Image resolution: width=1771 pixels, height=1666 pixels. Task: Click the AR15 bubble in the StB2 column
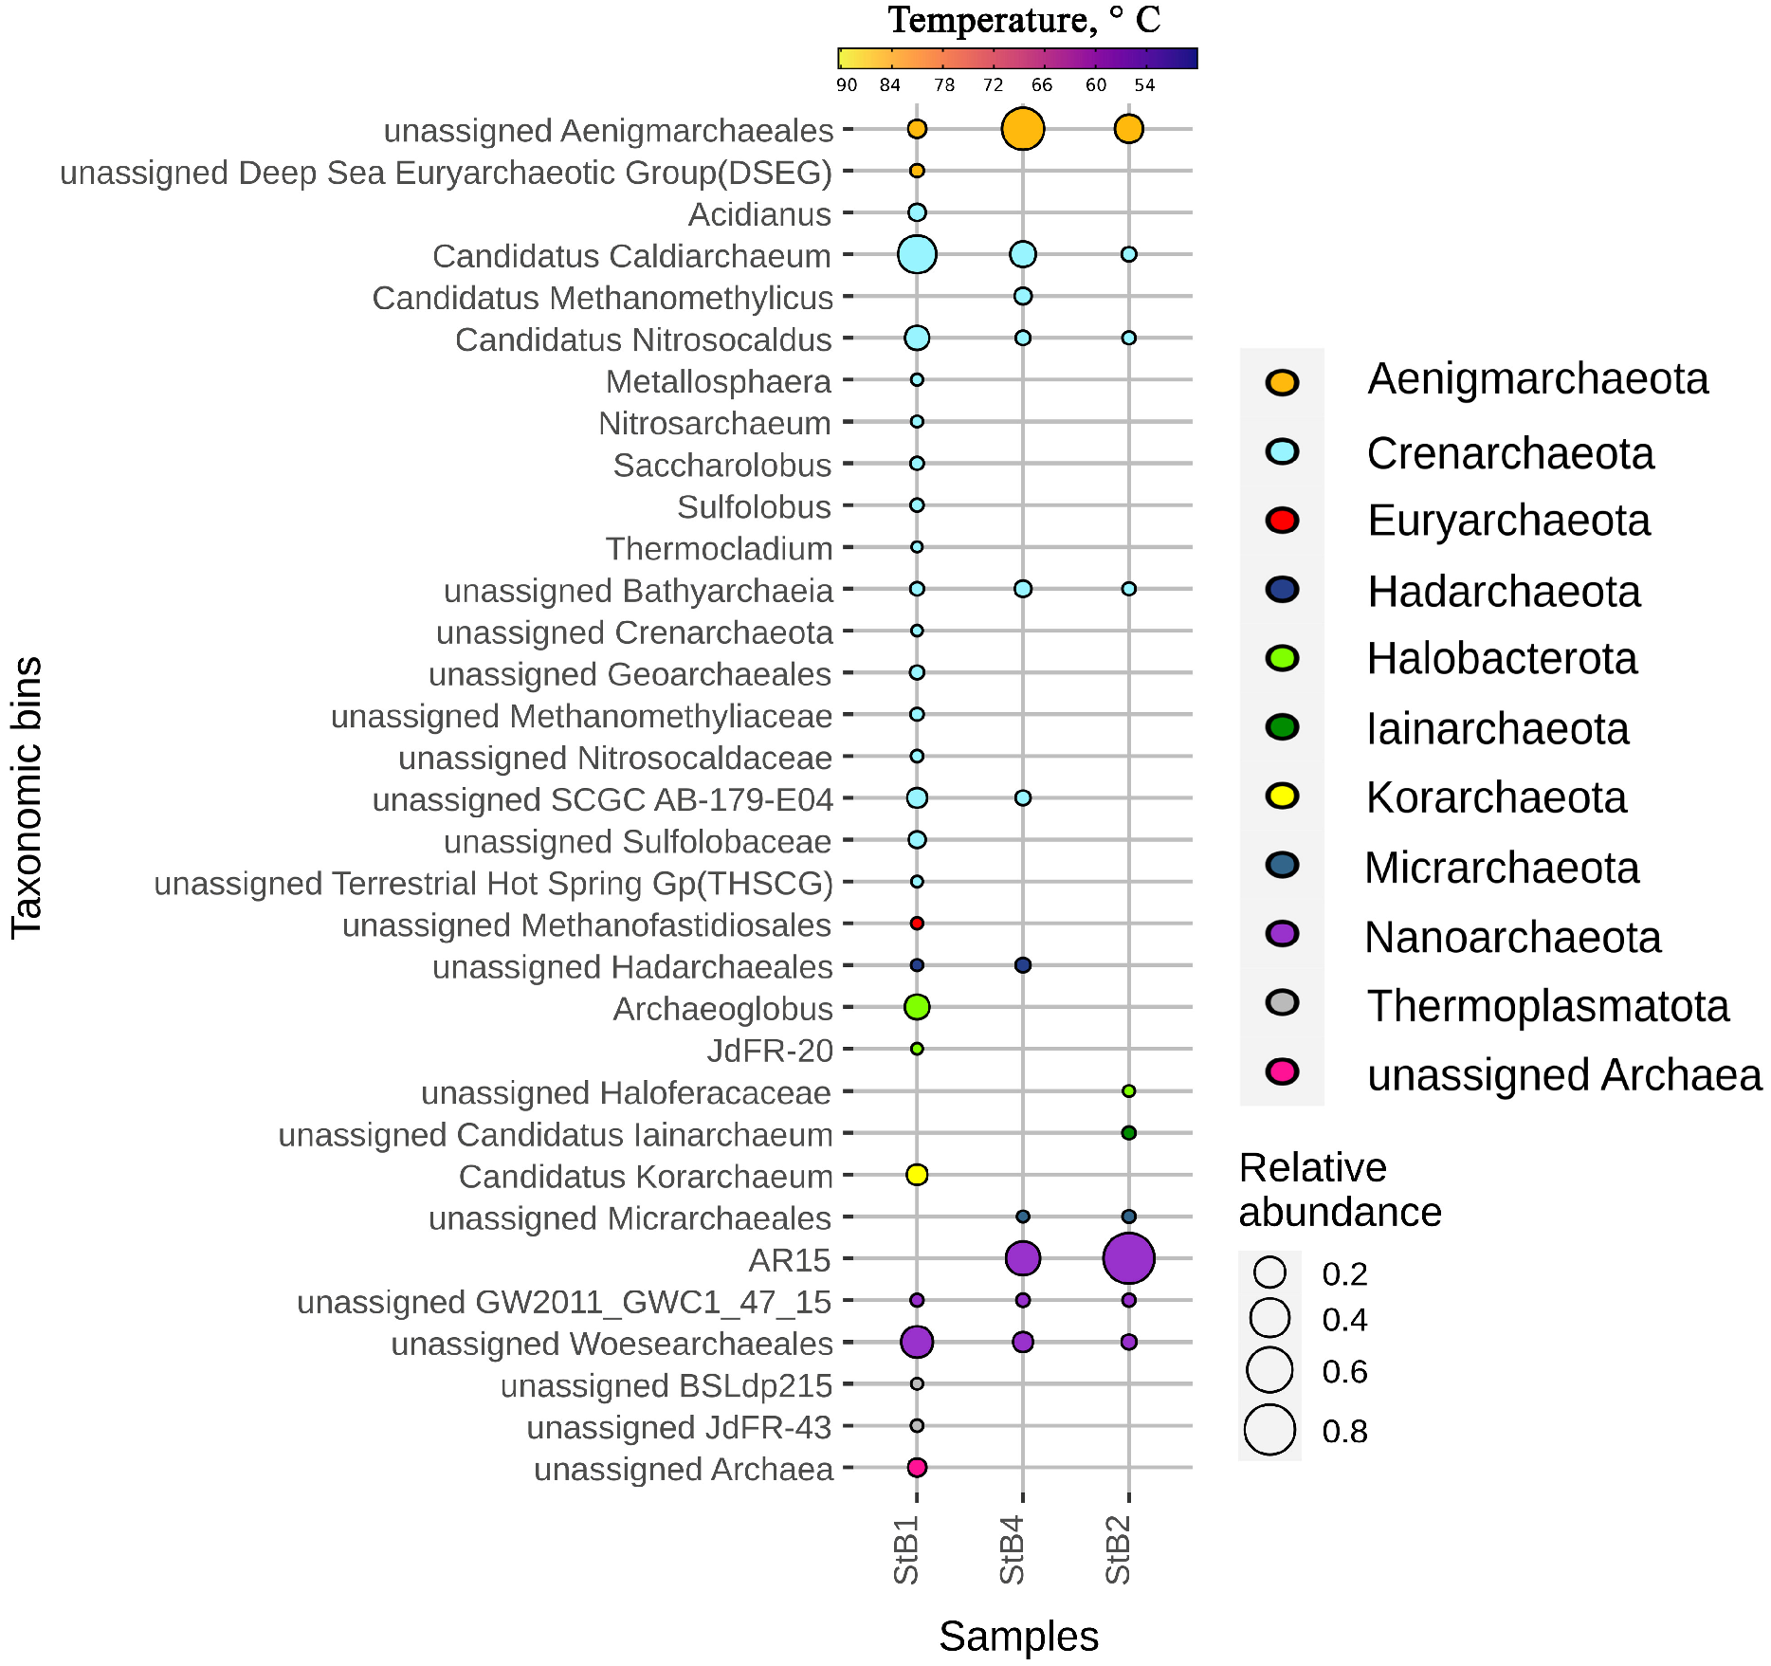point(1128,1258)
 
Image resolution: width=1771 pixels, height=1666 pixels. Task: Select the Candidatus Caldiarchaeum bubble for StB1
point(917,254)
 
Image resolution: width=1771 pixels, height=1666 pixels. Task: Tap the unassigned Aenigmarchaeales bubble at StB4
point(1022,129)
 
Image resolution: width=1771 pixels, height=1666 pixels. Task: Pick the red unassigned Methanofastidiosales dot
point(917,923)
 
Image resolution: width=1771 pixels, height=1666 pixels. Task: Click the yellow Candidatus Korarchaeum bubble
point(917,1175)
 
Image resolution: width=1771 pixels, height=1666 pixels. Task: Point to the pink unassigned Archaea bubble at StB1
point(917,1467)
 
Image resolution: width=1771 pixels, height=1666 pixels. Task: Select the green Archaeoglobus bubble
point(917,1007)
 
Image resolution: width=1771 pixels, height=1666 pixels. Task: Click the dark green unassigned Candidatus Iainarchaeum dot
point(1128,1133)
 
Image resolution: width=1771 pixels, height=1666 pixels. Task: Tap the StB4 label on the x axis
point(1013,1549)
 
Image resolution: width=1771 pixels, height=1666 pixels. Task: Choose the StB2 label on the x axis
point(1119,1549)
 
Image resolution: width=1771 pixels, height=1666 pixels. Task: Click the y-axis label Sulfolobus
point(754,507)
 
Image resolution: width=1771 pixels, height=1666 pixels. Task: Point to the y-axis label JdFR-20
point(770,1051)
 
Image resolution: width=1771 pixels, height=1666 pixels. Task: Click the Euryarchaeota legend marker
point(1282,521)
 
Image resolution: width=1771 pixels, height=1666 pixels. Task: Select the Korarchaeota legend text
point(1496,797)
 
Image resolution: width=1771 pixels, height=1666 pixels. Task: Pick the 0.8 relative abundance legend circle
point(1270,1430)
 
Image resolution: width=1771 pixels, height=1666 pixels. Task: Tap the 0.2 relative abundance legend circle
point(1270,1272)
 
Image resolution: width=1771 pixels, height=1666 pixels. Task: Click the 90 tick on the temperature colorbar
point(846,85)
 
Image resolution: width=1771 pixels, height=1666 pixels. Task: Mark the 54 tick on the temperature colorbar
point(1144,85)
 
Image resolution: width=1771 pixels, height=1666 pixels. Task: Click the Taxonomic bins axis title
point(27,797)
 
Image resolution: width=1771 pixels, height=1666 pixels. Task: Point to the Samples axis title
point(1018,1636)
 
